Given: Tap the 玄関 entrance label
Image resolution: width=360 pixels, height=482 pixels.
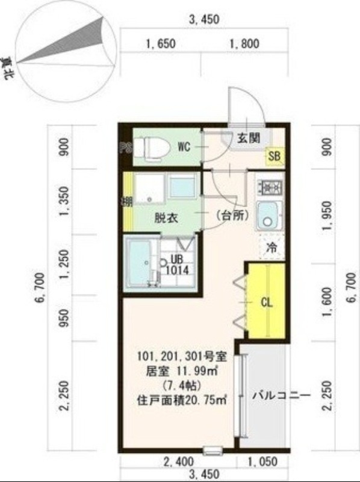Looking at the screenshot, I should (x=248, y=138).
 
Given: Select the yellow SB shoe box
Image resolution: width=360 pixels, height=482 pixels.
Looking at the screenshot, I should (x=275, y=157).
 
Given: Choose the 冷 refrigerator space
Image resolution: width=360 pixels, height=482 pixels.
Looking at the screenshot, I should (x=272, y=246).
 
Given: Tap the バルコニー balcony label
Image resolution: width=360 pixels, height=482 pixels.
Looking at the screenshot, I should (x=280, y=396).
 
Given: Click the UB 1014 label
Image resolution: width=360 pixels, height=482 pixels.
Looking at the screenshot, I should (x=178, y=264).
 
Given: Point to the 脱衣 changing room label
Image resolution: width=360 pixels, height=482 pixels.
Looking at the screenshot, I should (x=166, y=218).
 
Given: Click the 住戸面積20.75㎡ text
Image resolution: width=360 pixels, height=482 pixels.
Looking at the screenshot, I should (x=181, y=399).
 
